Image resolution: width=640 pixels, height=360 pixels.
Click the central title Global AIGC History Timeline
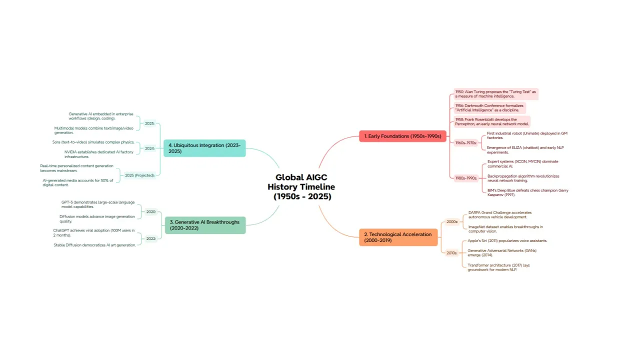click(x=301, y=187)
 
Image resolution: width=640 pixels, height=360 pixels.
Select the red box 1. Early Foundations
click(x=402, y=136)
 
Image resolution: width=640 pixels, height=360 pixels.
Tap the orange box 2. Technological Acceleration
click(x=398, y=237)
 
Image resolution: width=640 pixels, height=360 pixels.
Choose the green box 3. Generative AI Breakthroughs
click(x=205, y=225)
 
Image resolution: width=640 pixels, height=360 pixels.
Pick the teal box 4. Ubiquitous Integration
click(x=204, y=148)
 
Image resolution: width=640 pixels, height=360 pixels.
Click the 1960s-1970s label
click(x=466, y=143)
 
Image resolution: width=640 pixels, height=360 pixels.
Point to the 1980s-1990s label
click(x=466, y=178)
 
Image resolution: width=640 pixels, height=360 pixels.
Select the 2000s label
click(x=452, y=221)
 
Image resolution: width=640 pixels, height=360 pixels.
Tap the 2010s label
click(x=452, y=253)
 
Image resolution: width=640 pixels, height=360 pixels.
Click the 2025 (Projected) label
click(x=139, y=175)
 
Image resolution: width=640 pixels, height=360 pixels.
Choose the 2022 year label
click(x=151, y=238)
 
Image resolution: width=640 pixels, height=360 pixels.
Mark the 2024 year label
click(x=149, y=148)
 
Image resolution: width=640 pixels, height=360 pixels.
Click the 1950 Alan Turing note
click(x=495, y=94)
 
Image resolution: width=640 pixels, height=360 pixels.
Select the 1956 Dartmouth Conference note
click(x=489, y=108)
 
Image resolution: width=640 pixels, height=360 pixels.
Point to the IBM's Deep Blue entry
click(x=527, y=192)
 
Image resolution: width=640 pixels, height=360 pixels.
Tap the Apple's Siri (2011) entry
click(x=507, y=240)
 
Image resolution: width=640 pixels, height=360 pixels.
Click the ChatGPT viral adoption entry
click(x=94, y=232)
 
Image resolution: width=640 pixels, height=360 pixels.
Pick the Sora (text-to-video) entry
click(x=93, y=142)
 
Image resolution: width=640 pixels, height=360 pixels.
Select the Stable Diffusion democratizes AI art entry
click(x=94, y=245)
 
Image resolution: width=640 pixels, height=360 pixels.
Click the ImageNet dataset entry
click(x=505, y=229)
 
